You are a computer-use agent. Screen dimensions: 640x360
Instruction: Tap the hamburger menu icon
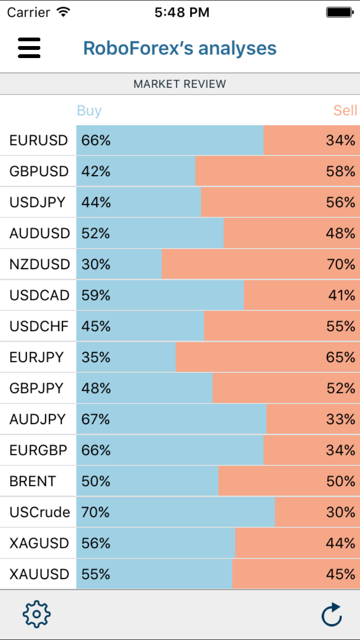point(29,48)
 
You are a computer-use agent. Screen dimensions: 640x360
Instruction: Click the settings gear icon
point(36,614)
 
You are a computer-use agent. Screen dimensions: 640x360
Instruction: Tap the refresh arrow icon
point(332,614)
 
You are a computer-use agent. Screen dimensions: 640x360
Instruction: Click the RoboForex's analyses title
point(180,48)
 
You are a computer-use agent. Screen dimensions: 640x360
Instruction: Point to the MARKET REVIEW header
point(180,84)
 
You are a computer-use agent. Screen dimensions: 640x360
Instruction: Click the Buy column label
point(89,111)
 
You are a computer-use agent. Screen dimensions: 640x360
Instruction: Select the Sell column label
point(345,111)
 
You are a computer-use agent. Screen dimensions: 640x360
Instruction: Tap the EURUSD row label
point(38,141)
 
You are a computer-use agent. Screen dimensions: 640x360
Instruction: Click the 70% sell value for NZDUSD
point(341,264)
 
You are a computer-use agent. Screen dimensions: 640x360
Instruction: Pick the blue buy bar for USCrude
point(192,512)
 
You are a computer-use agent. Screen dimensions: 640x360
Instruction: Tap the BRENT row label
point(33,481)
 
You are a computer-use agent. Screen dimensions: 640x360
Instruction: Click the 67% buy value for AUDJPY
point(96,419)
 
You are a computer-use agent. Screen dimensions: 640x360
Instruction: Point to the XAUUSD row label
point(39,574)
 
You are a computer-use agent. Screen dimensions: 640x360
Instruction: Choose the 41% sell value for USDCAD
point(341,296)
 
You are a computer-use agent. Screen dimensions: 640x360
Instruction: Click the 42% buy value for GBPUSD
point(96,171)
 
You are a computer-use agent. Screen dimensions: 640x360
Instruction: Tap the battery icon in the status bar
point(339,12)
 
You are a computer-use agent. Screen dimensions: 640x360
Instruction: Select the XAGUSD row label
point(39,543)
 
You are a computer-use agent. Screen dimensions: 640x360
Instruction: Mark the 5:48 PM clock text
point(182,12)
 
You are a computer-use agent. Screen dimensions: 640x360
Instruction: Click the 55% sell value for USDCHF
point(341,326)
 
